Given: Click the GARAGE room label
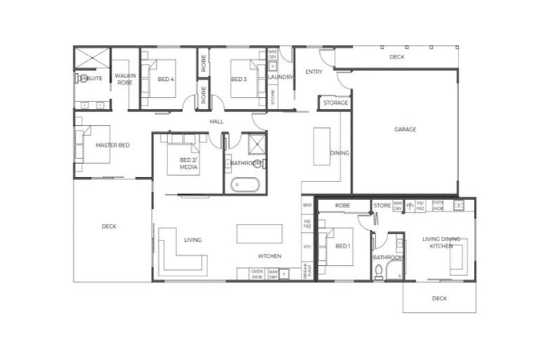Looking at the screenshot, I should [404, 129].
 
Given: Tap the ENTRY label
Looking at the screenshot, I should [313, 72].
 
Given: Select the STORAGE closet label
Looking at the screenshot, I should [335, 103].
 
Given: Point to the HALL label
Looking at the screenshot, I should [216, 122].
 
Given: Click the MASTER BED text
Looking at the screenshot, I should [112, 146].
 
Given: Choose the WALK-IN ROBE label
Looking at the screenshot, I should [124, 78].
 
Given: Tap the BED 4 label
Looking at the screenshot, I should [165, 79].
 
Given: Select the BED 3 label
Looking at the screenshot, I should [238, 79].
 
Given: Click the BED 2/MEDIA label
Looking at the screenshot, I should [188, 164].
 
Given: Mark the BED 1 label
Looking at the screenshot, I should [342, 247].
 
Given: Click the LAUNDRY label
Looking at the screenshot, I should [281, 77].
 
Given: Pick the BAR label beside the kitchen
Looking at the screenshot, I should [307, 205].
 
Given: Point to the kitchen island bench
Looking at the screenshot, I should [259, 233].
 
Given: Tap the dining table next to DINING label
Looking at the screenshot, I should [321, 146].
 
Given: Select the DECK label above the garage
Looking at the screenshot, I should [397, 57].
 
